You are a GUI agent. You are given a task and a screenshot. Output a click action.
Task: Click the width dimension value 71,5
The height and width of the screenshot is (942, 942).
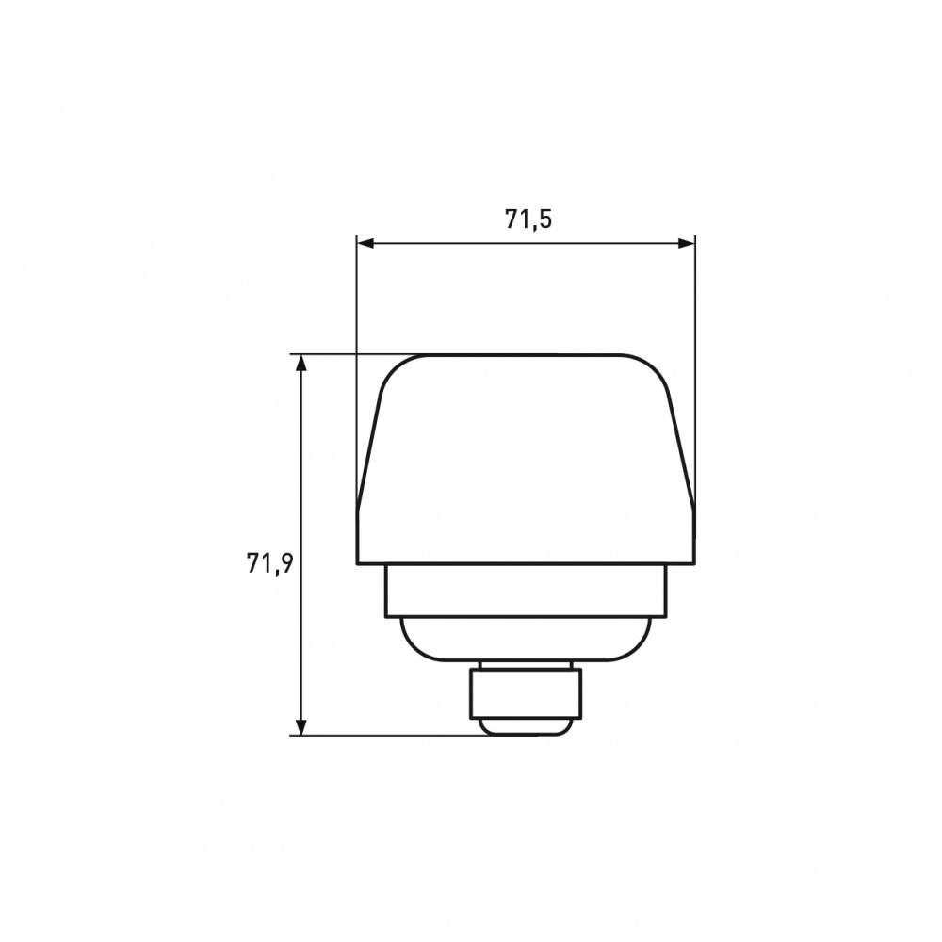click(x=528, y=219)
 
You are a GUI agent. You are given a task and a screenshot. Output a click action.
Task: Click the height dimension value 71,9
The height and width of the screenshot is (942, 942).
click(x=269, y=563)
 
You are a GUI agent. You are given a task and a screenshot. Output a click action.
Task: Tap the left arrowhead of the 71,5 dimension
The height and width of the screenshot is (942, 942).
click(x=365, y=243)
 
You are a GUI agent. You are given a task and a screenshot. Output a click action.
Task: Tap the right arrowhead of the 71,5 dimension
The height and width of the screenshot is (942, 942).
click(x=686, y=243)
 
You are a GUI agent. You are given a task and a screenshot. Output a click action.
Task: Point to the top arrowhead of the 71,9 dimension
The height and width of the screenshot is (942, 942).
click(x=301, y=364)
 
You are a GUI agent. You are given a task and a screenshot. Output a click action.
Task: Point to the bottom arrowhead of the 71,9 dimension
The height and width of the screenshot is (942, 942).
click(x=301, y=726)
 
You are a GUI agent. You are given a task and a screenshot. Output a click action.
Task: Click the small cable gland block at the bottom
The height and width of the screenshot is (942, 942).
click(x=526, y=693)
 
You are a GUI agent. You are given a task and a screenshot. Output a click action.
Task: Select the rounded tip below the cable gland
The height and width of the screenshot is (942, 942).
click(x=526, y=726)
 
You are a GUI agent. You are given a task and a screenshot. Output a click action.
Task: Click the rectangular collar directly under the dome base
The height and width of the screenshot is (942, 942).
click(x=526, y=591)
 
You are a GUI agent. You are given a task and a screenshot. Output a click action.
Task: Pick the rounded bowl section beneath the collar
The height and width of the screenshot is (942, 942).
click(x=526, y=639)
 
